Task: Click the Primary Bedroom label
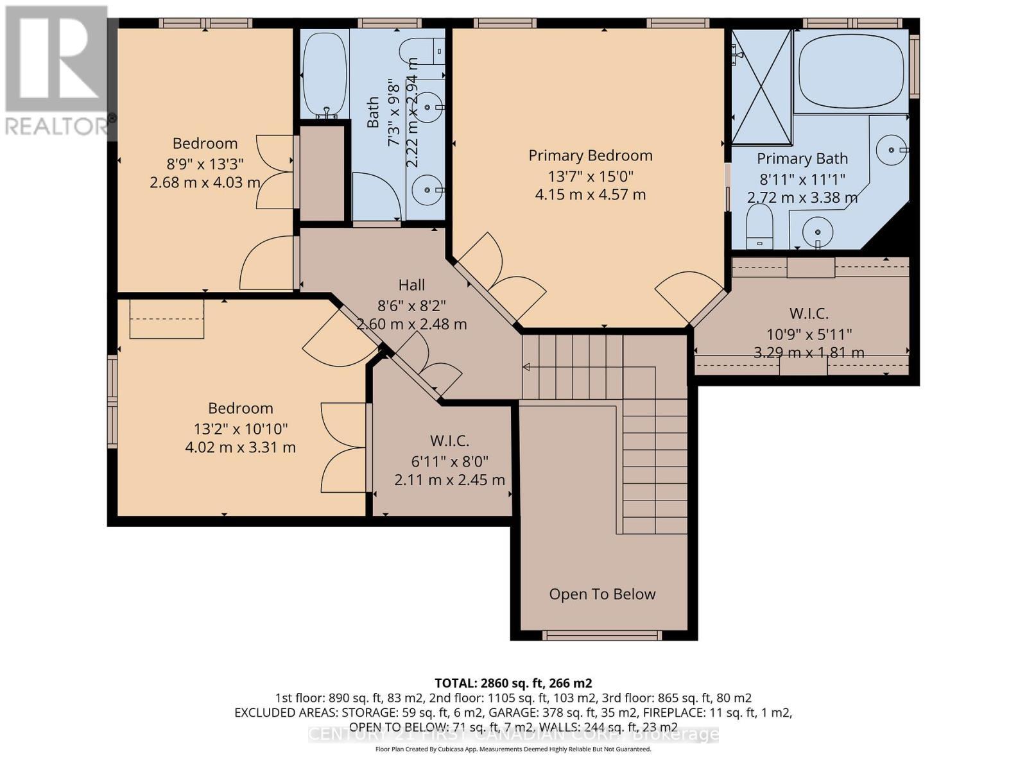(590, 155)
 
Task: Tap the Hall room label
(411, 285)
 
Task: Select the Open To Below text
(602, 594)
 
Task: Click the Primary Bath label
(802, 158)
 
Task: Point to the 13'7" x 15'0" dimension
(590, 176)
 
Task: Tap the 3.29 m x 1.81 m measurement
(808, 352)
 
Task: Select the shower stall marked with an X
(761, 87)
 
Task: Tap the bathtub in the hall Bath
(325, 74)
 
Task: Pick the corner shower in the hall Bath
(375, 196)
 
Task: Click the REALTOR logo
(56, 71)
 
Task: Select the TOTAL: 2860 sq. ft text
(513, 683)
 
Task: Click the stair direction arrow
(526, 367)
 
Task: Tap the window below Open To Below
(601, 635)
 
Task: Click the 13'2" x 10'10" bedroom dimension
(240, 428)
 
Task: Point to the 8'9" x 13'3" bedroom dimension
(205, 163)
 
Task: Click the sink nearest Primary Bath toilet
(817, 230)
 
